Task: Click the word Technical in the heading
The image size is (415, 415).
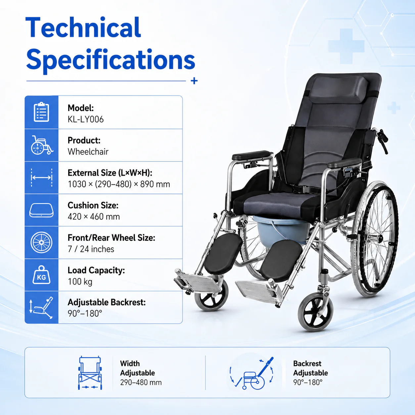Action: (x=83, y=27)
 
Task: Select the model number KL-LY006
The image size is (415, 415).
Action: (x=85, y=119)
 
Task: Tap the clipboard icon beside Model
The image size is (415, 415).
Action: (x=41, y=112)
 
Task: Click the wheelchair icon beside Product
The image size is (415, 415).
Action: (x=42, y=145)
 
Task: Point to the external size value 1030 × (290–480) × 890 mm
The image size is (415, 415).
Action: (x=119, y=184)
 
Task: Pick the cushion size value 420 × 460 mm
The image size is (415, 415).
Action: (x=94, y=217)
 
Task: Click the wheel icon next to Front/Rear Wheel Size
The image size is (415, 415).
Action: (x=41, y=243)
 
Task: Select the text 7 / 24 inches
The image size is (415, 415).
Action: (x=91, y=249)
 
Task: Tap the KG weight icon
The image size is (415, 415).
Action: (x=41, y=275)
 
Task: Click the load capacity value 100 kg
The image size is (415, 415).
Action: (x=80, y=282)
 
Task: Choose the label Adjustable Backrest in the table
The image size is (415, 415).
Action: (x=107, y=302)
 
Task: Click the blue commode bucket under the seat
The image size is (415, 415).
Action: (x=281, y=229)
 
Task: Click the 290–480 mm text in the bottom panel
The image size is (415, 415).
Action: (x=141, y=383)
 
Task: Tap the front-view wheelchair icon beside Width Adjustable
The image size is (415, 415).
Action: (x=90, y=373)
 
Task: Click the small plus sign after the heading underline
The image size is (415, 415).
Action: (x=194, y=81)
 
